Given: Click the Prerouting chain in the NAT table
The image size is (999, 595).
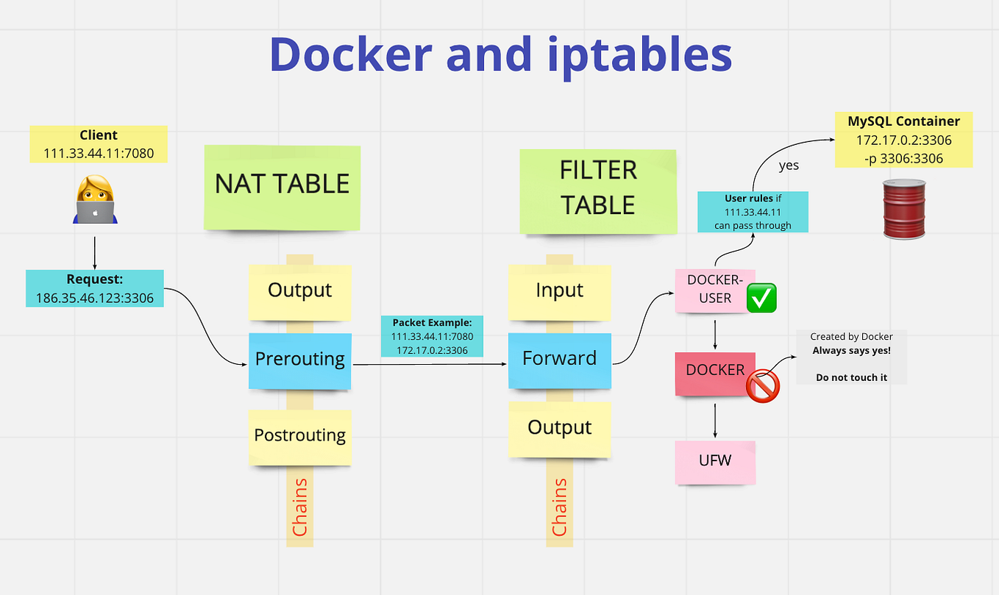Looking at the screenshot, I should (x=300, y=360).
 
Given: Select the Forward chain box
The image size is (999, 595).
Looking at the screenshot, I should (x=559, y=360).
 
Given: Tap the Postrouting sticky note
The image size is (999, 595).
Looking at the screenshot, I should (x=300, y=436).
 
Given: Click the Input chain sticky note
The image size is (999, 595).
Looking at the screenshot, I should (x=559, y=291).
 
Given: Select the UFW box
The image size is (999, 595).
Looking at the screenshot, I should (x=715, y=462).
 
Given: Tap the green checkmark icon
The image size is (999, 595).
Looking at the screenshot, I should (x=762, y=298).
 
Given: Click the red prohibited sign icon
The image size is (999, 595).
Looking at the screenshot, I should (x=763, y=385).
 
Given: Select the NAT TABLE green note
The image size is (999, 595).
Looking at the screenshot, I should (x=282, y=185).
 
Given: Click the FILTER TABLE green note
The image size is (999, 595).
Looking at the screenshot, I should (x=598, y=189).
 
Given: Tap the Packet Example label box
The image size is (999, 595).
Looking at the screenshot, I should (x=432, y=336).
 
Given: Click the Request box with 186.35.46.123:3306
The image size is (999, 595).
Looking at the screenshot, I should (x=95, y=288).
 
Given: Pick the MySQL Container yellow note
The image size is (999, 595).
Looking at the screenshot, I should (x=903, y=139).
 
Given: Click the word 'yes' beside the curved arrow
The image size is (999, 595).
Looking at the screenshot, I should (x=789, y=165).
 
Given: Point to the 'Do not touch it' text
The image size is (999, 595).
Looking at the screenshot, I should (x=851, y=377).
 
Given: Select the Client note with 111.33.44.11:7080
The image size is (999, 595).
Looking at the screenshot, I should (x=99, y=144).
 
